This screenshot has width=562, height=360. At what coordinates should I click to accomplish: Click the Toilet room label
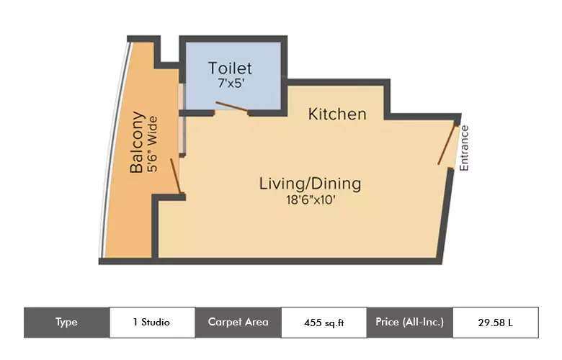pyautogui.click(x=230, y=68)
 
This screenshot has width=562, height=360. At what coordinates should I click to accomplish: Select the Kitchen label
pyautogui.click(x=337, y=114)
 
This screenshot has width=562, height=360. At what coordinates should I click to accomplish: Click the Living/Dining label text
pyautogui.click(x=310, y=184)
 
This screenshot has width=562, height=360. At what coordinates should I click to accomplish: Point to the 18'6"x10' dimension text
pyautogui.click(x=310, y=200)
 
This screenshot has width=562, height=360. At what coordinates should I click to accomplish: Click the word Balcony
pyautogui.click(x=137, y=143)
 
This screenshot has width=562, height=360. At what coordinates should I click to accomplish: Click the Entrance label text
pyautogui.click(x=465, y=148)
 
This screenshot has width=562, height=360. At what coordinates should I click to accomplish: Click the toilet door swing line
pyautogui.click(x=232, y=108)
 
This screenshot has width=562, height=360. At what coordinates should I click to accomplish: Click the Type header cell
pyautogui.click(x=66, y=323)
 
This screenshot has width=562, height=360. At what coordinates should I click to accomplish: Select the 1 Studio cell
pyautogui.click(x=152, y=323)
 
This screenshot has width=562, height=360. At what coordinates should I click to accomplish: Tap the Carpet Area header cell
pyautogui.click(x=238, y=323)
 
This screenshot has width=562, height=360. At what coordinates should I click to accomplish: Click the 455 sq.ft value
pyautogui.click(x=324, y=323)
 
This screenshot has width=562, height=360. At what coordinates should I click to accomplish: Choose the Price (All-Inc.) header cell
pyautogui.click(x=409, y=323)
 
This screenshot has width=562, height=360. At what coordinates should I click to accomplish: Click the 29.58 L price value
pyautogui.click(x=495, y=323)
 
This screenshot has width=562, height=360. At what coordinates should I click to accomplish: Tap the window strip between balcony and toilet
pyautogui.click(x=182, y=119)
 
